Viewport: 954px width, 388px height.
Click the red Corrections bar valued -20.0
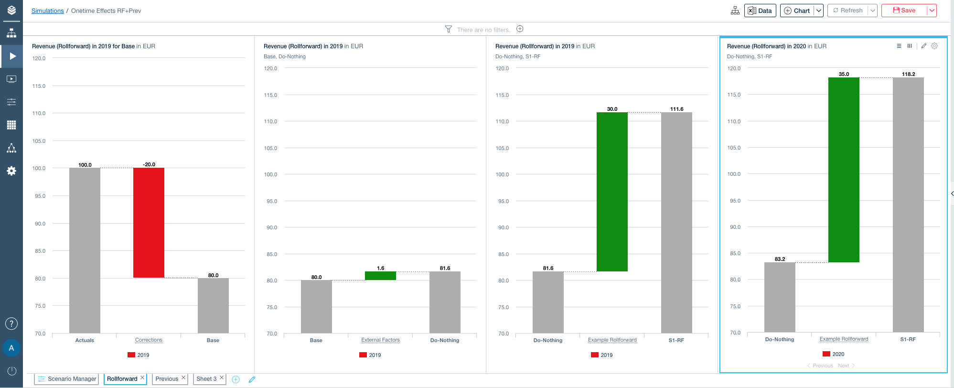click(x=149, y=223)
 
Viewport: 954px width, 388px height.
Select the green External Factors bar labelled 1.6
click(x=380, y=276)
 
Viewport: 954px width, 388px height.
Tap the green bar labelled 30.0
click(x=612, y=192)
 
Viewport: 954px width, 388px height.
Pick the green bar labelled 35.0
click(x=844, y=170)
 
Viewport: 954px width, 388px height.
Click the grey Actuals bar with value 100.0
click(x=85, y=250)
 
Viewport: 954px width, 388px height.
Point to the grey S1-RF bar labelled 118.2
click(x=908, y=205)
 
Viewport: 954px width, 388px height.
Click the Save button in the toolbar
click(x=904, y=11)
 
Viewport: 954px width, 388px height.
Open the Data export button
click(x=760, y=11)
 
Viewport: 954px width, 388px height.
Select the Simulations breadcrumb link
click(x=47, y=11)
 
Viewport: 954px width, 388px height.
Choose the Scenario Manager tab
click(x=67, y=379)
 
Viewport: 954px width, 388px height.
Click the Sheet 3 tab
click(x=206, y=379)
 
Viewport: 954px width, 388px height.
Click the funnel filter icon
click(x=448, y=29)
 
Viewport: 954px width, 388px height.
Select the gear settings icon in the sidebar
click(x=11, y=171)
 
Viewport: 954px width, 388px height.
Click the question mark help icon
click(x=11, y=323)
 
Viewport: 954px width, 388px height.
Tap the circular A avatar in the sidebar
click(x=11, y=348)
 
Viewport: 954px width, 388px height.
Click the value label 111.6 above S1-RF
click(x=676, y=109)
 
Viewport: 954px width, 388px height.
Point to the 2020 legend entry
click(x=834, y=354)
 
